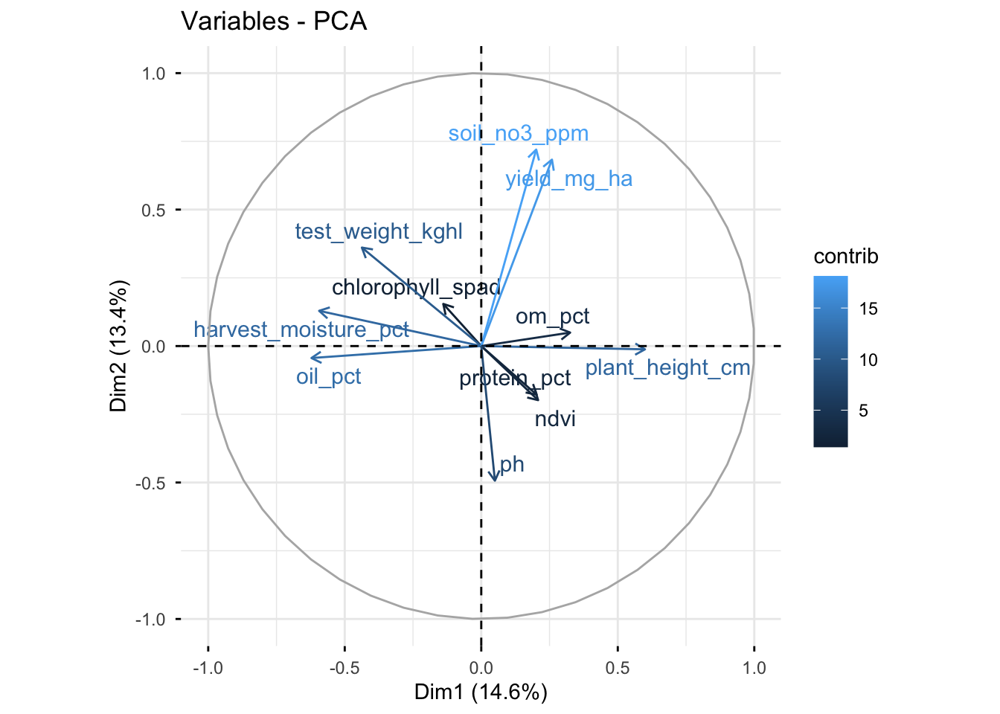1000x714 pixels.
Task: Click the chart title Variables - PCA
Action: point(274,22)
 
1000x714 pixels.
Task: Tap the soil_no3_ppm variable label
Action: point(518,134)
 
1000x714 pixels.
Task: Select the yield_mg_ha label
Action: point(568,179)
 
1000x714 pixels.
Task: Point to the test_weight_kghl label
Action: point(379,232)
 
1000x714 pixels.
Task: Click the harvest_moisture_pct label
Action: point(301,329)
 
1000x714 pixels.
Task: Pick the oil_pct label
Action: point(328,376)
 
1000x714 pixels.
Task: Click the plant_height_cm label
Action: point(667,367)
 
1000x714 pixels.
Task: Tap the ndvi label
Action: point(555,419)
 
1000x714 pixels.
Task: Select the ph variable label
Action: point(512,465)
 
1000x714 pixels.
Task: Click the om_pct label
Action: point(552,317)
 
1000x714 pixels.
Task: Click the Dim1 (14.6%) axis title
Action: point(481,692)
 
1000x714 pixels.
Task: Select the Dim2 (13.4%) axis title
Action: point(119,346)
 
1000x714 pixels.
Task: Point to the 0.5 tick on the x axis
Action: point(618,668)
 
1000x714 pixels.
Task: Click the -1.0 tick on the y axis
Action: point(148,619)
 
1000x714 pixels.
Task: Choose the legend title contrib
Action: point(846,257)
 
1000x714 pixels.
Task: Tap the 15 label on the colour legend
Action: point(868,309)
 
